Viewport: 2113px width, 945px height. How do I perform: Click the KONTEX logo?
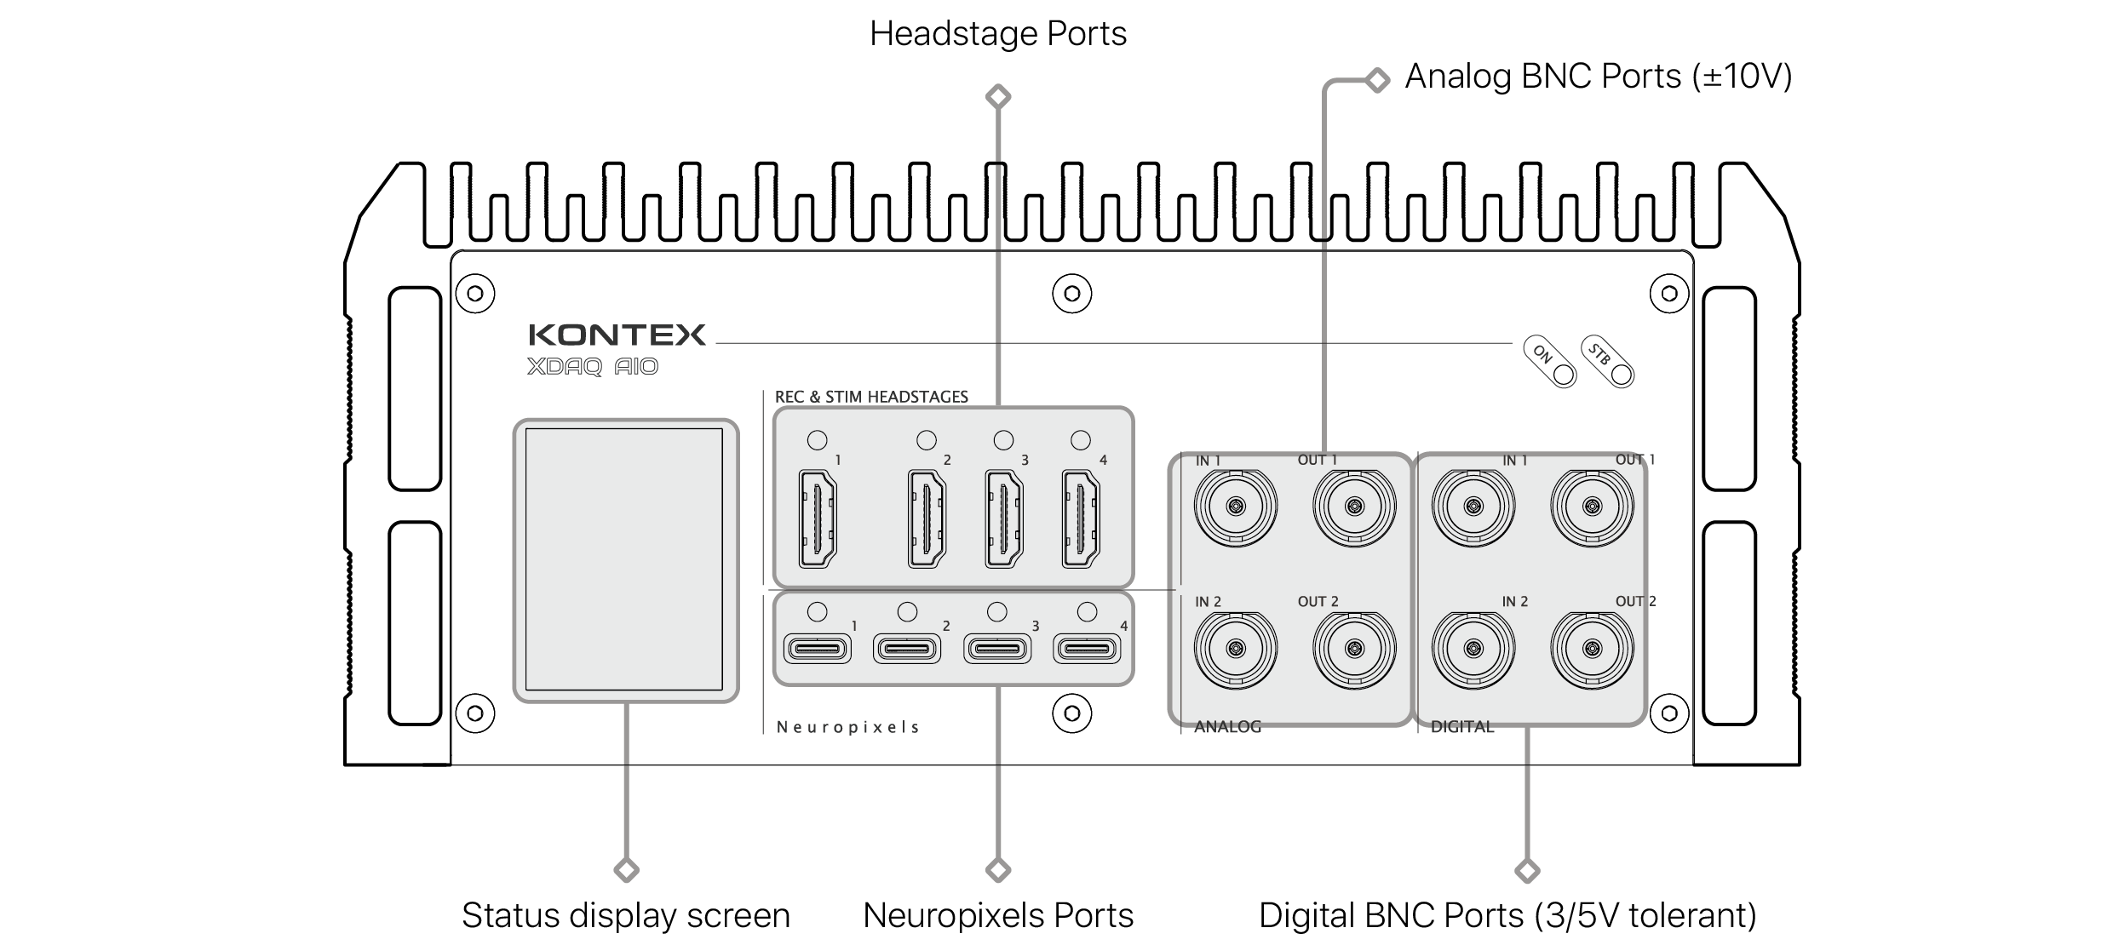pos(617,335)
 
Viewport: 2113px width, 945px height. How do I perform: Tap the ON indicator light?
pos(1563,375)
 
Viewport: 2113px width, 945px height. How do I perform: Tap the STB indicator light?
pos(1621,375)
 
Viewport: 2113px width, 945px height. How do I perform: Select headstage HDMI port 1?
pos(818,518)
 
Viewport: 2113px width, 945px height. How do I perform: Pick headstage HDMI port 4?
pos(1081,518)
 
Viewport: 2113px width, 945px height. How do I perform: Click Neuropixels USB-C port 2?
pos(907,650)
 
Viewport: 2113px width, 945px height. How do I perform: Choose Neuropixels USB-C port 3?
pos(997,650)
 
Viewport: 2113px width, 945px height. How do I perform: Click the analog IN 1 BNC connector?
pos(1235,507)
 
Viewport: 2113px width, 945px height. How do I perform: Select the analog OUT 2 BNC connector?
pos(1354,650)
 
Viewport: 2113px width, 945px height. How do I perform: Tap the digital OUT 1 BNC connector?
pos(1591,507)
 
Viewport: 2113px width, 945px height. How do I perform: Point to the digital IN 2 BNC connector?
pos(1473,650)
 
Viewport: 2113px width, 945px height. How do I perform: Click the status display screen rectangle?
pos(624,559)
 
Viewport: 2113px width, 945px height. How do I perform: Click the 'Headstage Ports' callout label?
pos(998,34)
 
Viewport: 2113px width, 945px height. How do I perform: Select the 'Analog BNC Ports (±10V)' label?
pos(1598,77)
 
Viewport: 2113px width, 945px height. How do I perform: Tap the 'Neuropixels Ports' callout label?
pos(998,916)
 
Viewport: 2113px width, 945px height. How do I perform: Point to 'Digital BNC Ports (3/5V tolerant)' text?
pos(1507,916)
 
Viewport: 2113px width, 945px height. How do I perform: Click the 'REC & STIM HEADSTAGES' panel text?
pos(871,397)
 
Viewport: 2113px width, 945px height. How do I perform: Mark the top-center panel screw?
pos(1071,294)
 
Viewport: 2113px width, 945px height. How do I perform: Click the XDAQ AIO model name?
pos(593,367)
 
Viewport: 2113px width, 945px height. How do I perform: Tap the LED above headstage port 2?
pos(927,440)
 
